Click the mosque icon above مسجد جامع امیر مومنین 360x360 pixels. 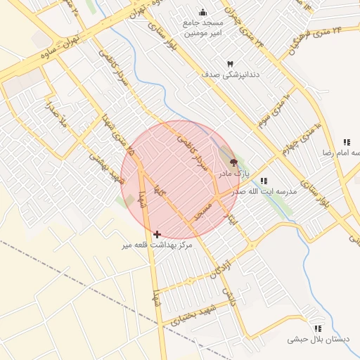pos(203,12)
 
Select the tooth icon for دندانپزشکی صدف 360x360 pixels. pos(230,63)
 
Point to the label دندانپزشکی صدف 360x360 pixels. pos(230,74)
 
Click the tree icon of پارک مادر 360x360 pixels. pos(233,162)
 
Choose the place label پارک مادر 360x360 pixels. pos(233,173)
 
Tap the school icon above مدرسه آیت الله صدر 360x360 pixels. pos(264,181)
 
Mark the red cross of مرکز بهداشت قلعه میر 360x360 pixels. pos(157,233)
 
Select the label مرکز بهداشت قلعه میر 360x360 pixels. pos(157,245)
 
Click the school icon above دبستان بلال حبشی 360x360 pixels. pos(318,328)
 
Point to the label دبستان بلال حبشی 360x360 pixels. pos(318,339)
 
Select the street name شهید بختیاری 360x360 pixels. pos(184,316)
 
